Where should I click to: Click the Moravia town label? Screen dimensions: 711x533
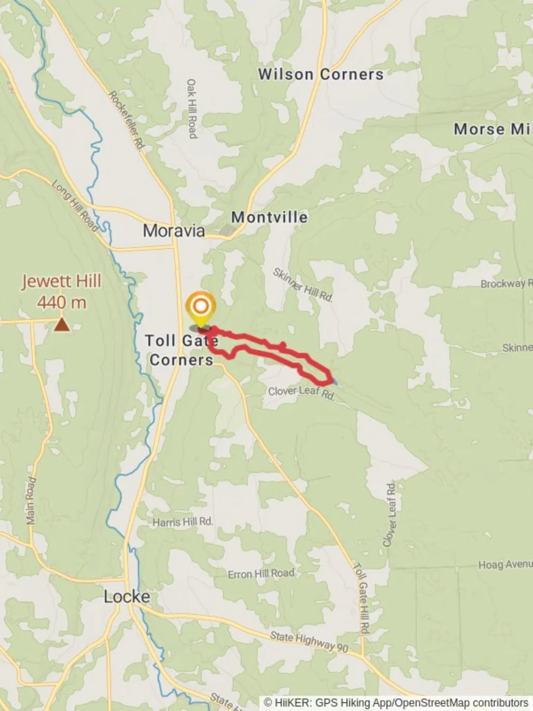pos(174,231)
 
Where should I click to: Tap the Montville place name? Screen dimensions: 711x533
pos(269,217)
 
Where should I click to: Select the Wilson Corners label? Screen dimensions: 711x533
pos(320,74)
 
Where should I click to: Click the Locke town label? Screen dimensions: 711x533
pos(127,597)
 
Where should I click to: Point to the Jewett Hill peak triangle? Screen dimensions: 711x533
pos(61,324)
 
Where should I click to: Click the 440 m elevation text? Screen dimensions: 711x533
pos(62,303)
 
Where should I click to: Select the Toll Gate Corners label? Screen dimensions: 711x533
pos(180,350)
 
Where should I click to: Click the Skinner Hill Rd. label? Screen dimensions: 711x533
pos(303,285)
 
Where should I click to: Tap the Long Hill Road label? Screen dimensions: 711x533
pos(74,207)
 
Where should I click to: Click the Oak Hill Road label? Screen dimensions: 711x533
pos(191,109)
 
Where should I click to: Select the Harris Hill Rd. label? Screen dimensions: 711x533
pos(183,521)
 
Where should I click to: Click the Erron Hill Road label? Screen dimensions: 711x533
pos(261,573)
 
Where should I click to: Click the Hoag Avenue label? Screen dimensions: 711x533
pos(505,564)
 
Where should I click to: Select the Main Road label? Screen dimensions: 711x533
pos(30,500)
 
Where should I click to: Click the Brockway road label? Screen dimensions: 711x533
pos(505,284)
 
